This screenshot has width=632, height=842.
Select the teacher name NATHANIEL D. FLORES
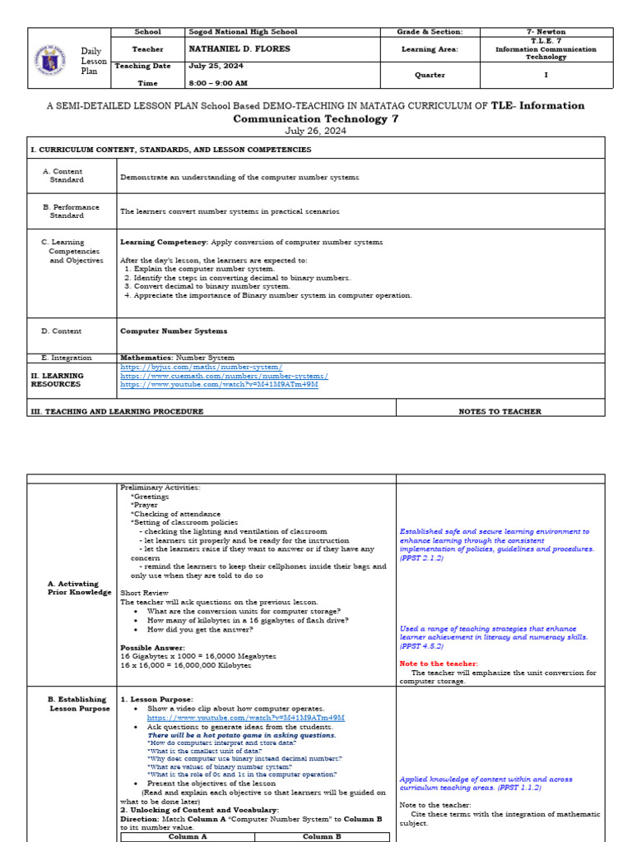click(x=231, y=49)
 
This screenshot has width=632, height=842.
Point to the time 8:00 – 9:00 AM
click(x=219, y=83)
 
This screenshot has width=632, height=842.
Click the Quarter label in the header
click(x=430, y=75)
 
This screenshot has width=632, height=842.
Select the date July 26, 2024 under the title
click(x=316, y=130)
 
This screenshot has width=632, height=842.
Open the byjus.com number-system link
click(x=201, y=367)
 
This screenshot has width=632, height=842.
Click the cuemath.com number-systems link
click(x=224, y=376)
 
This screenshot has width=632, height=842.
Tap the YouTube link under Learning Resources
click(x=219, y=384)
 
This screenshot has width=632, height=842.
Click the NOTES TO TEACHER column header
click(x=500, y=411)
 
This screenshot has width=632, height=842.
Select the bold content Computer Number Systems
click(x=174, y=331)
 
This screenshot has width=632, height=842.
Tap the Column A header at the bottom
click(x=187, y=837)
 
